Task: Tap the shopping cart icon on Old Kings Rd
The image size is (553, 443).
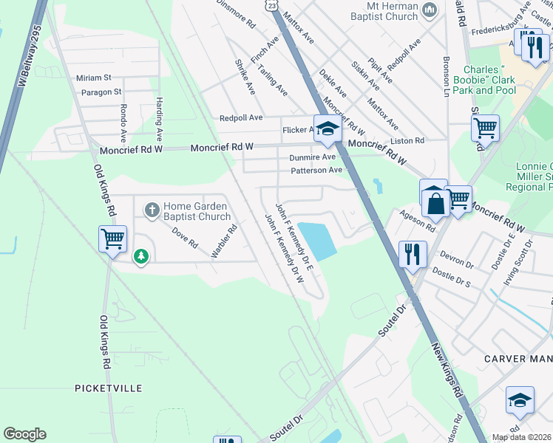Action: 113,238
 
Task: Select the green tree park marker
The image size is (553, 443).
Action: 140,257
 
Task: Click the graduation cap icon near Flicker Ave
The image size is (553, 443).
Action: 327,128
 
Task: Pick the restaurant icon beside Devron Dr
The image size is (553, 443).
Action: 412,254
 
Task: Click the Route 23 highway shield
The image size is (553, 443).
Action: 273,4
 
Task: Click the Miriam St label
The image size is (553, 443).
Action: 93,78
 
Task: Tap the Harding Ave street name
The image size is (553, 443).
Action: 158,118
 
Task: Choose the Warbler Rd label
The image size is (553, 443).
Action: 223,241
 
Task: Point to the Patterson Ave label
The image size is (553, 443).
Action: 316,170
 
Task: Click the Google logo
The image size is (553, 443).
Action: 24,434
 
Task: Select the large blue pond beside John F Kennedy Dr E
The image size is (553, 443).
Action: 316,240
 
